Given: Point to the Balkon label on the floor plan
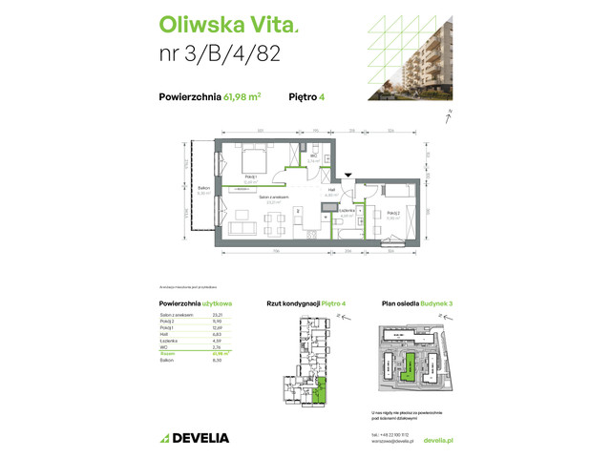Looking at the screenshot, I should [x=203, y=190].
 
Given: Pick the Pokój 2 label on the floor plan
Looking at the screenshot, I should [x=393, y=214].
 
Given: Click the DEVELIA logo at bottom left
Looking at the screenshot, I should [x=196, y=438].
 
